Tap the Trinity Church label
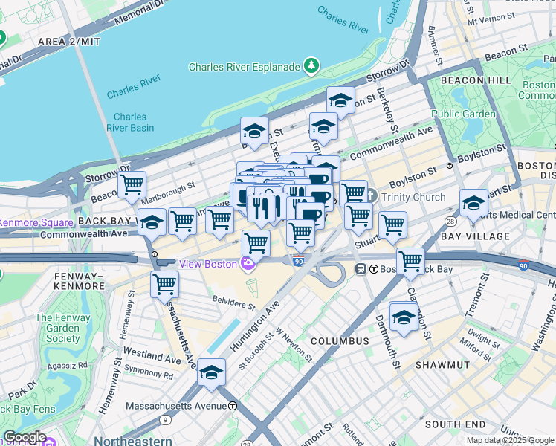pos(413,197)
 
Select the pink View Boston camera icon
pos(247,263)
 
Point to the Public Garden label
pos(463,114)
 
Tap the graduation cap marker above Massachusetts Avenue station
pos(212,372)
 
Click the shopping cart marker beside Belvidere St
pos(164,284)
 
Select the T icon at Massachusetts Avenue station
pos(233,407)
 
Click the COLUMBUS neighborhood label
pos(340,340)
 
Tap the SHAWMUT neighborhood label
pos(442,365)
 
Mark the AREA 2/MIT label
pos(68,42)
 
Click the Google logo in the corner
pos(25,437)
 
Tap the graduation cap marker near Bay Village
pos(473,202)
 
